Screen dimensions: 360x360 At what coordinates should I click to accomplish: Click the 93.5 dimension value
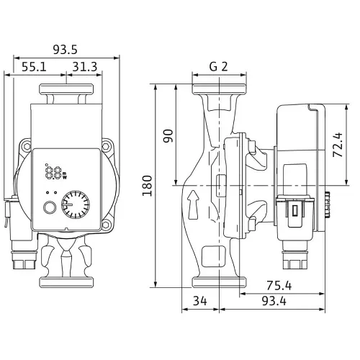(66, 50)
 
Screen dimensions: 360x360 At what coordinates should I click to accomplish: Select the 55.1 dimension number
(34, 67)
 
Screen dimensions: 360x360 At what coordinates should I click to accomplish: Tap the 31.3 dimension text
(85, 67)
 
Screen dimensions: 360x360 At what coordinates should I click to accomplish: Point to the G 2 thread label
(218, 66)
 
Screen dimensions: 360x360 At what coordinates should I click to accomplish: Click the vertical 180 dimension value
(148, 186)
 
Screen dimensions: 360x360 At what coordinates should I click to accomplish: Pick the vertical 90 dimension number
(168, 136)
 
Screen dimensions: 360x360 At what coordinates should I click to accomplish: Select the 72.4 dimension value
(338, 145)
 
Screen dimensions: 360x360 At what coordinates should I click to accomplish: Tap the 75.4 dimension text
(279, 286)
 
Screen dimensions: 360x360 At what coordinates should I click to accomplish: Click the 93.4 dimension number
(274, 301)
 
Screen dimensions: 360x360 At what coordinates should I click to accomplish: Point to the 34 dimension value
(200, 301)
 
